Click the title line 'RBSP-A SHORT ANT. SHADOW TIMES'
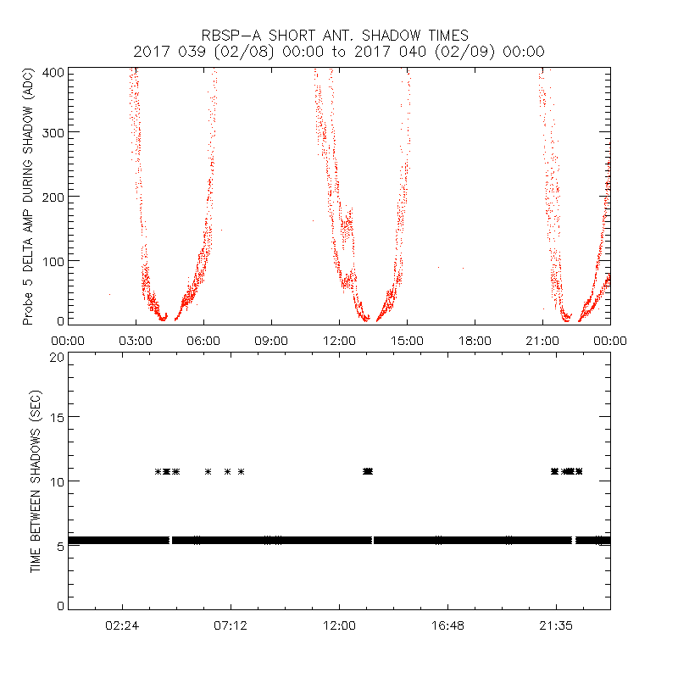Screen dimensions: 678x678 pos(339,36)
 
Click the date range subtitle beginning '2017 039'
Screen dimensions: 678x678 pos(339,52)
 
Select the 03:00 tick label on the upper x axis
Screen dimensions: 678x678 pos(136,340)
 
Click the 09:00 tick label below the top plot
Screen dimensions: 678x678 pos(271,340)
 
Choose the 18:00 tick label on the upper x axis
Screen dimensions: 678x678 pos(475,340)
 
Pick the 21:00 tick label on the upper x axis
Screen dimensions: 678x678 pos(542,340)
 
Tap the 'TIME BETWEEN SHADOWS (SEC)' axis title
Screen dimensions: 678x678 pos(36,481)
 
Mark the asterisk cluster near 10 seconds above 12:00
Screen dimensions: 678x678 pos(367,471)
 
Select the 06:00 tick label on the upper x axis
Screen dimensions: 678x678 pos(203,340)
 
